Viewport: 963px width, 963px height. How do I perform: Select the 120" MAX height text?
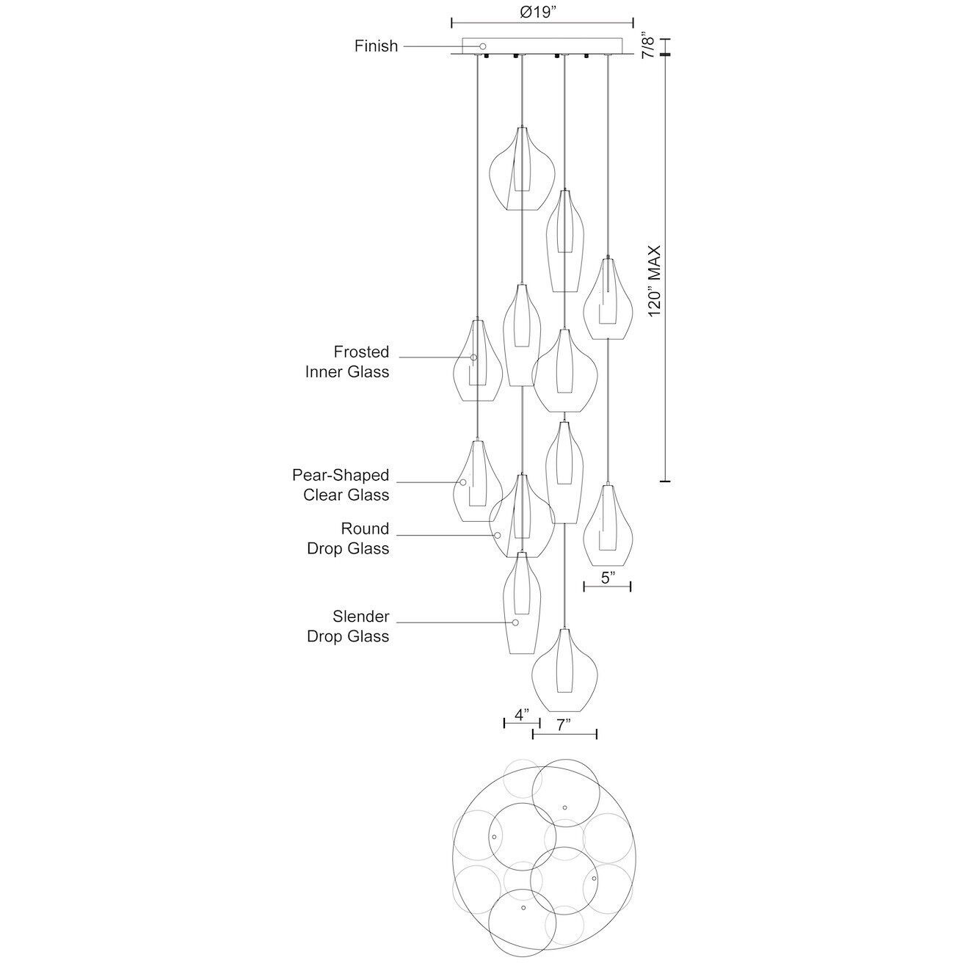(655, 281)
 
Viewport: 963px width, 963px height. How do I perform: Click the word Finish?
(376, 46)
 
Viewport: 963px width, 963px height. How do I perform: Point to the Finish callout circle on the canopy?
(483, 46)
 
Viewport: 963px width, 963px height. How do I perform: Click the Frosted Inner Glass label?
(347, 362)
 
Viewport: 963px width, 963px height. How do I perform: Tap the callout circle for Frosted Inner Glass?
(473, 357)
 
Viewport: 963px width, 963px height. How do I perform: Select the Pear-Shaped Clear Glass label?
(341, 485)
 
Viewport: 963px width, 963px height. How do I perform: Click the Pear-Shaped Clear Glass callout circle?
(463, 482)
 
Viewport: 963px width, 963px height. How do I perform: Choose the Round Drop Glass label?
(348, 539)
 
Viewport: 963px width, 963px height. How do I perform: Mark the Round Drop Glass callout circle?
(498, 535)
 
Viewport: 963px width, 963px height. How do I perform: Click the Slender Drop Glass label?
(348, 626)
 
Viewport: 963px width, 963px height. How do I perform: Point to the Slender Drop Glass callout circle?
(515, 622)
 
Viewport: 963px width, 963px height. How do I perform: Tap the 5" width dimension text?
(607, 578)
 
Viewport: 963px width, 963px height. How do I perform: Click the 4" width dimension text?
(521, 714)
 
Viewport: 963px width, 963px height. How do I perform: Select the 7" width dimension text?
(563, 725)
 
